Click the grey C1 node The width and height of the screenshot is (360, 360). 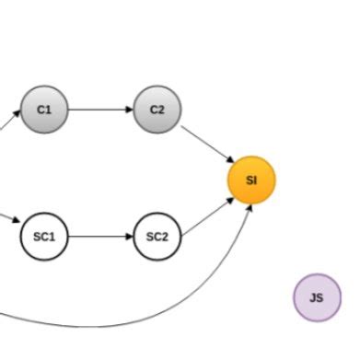[44, 110]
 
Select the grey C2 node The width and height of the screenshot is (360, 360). [157, 110]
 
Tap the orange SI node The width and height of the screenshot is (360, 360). [251, 180]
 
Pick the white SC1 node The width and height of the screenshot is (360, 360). [44, 237]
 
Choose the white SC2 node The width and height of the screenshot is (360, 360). [157, 237]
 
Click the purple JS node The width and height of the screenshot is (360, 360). [317, 297]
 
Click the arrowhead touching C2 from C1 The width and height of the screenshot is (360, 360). [129, 110]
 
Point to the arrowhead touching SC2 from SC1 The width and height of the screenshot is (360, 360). [129, 237]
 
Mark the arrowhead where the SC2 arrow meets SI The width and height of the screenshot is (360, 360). [229, 196]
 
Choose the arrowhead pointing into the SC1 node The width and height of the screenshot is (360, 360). [16, 222]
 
